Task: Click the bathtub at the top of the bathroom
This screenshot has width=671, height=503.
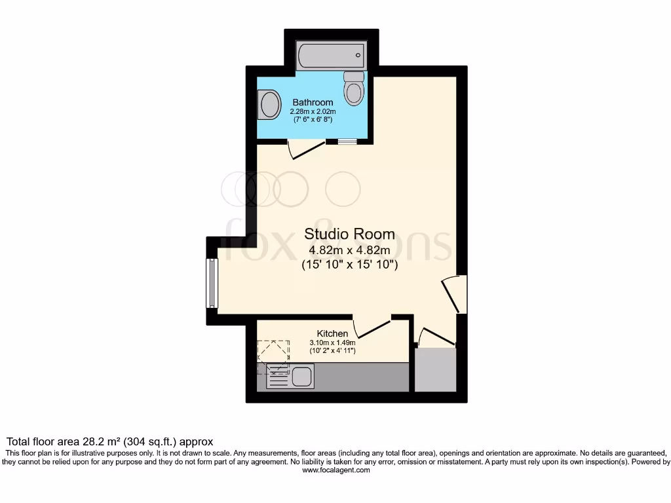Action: (331, 56)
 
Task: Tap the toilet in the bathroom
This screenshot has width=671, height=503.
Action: (354, 90)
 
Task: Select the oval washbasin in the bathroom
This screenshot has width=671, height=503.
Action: (269, 105)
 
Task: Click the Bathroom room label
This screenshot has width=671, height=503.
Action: (313, 102)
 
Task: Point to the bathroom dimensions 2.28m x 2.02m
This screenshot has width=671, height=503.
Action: (313, 111)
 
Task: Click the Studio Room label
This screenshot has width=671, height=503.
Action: (349, 234)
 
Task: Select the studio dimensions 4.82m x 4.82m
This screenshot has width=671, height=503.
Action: (349, 251)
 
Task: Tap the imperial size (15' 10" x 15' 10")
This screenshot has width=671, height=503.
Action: (349, 266)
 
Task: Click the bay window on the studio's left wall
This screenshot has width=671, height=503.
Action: (212, 283)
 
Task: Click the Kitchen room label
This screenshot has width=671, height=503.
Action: (332, 333)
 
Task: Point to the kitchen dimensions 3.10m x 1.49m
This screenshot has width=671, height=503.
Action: (332, 343)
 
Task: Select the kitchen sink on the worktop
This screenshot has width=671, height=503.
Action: (302, 377)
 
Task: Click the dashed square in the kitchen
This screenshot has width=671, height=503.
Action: (273, 356)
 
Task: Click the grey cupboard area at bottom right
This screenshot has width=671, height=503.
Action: (435, 370)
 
